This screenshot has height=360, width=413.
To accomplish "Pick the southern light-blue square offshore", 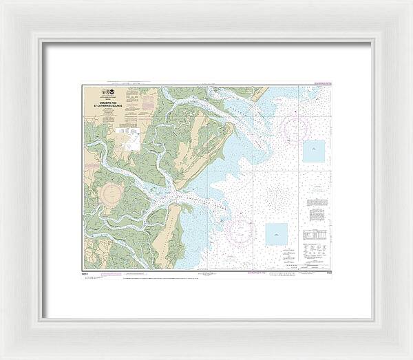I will click(277, 233).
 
